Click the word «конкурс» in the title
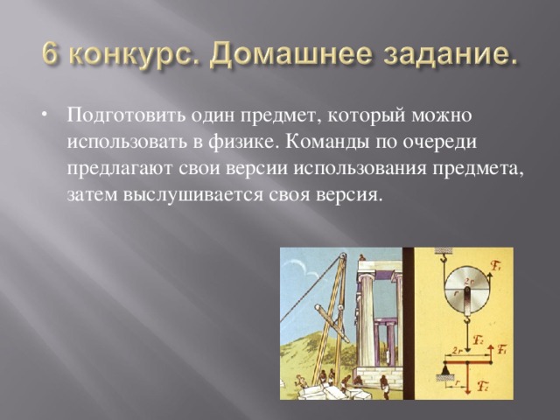(120, 59)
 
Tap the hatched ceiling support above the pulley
(444, 251)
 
